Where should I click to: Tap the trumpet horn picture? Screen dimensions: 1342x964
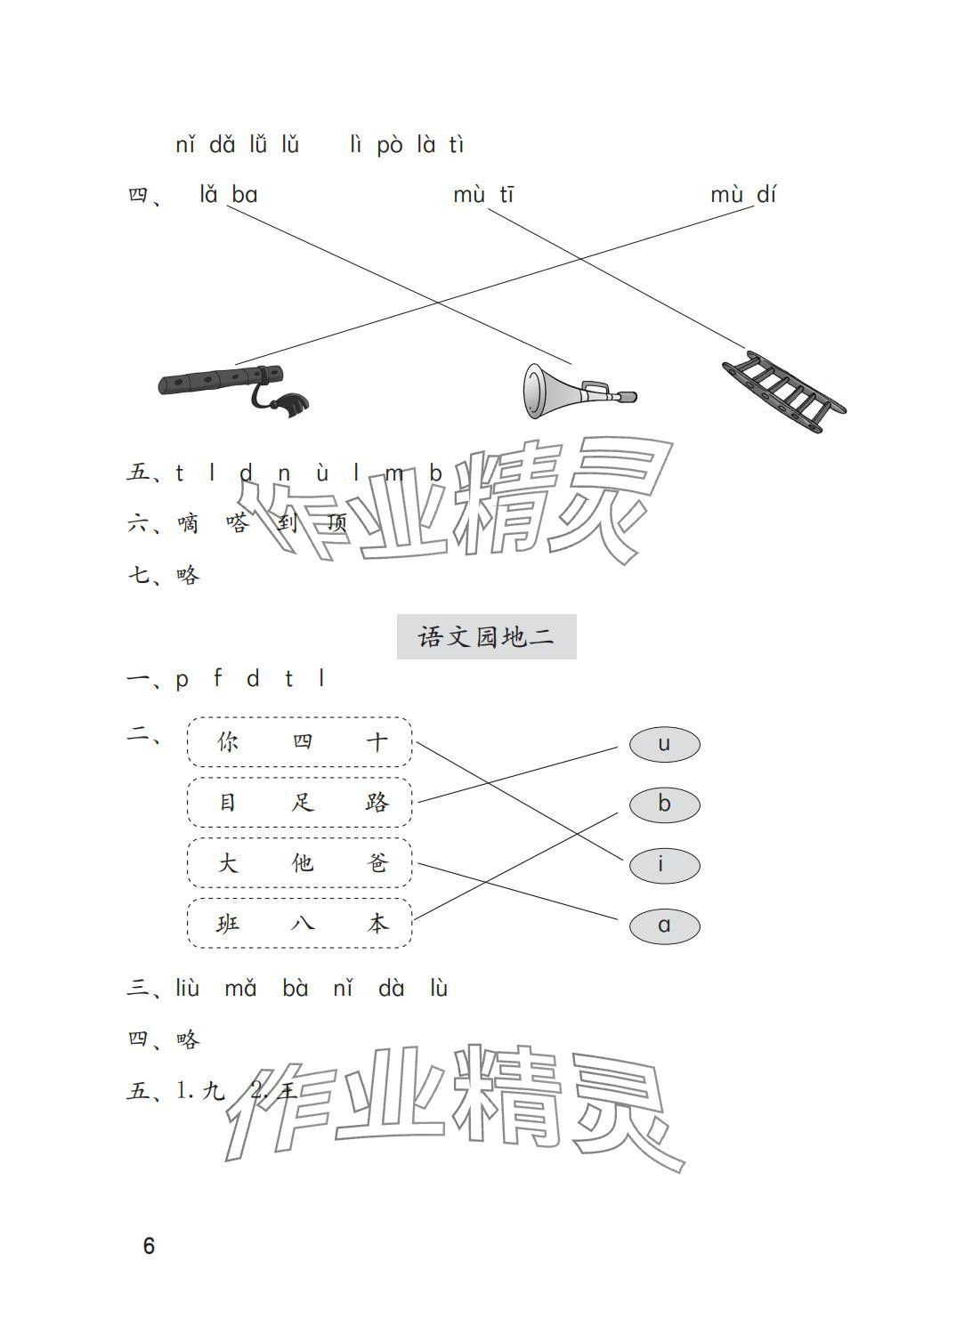tap(576, 391)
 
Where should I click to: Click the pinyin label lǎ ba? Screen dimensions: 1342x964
tap(229, 194)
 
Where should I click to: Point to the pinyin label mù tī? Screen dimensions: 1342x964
tap(483, 194)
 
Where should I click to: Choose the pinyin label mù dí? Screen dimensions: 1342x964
tap(743, 194)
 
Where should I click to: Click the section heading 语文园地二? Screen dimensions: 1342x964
tap(486, 637)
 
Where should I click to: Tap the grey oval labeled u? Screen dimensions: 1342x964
tap(664, 744)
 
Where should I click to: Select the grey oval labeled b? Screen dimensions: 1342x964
tap(664, 804)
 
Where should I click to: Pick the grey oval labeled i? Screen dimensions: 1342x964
tap(664, 865)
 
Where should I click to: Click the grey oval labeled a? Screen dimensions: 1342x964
tap(664, 926)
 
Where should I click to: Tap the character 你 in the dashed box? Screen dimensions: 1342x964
tap(228, 741)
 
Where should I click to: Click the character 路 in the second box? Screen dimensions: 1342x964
tap(377, 802)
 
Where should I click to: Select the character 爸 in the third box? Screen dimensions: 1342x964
tap(377, 862)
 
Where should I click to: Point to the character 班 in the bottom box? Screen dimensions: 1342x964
tap(228, 924)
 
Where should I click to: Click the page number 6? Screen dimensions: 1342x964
tap(149, 1246)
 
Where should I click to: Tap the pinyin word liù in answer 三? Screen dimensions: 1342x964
tap(188, 988)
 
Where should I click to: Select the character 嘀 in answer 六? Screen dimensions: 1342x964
tap(188, 523)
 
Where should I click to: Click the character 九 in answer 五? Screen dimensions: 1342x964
tap(214, 1090)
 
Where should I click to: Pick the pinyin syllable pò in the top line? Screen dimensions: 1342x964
tap(389, 145)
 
